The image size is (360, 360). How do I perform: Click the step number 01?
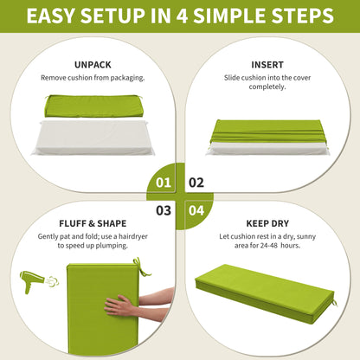tap(164, 183)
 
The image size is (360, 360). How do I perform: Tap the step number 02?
tap(196, 183)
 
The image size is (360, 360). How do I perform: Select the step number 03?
tap(164, 210)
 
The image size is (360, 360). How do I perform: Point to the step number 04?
tap(196, 210)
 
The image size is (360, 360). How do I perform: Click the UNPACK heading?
tap(93, 65)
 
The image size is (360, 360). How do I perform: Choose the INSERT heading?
tap(267, 65)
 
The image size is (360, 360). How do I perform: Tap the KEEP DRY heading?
tap(267, 223)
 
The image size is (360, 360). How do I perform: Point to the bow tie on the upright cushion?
tap(141, 267)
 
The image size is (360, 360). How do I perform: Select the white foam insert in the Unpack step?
tap(93, 138)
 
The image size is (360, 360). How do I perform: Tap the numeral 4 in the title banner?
tap(182, 16)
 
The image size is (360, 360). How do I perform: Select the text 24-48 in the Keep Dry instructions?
tap(269, 246)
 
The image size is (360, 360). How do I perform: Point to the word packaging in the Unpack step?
tap(127, 78)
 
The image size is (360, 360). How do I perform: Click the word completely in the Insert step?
tap(267, 87)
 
